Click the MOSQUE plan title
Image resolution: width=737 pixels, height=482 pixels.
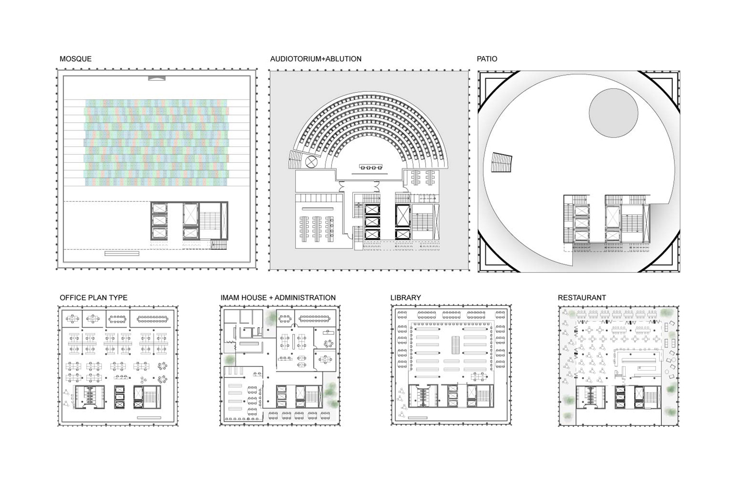click(x=76, y=59)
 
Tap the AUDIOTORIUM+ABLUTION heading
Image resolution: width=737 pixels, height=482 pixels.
click(x=316, y=59)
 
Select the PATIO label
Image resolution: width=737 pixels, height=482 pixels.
click(x=487, y=59)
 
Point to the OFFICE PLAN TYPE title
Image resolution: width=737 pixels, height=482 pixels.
click(x=94, y=297)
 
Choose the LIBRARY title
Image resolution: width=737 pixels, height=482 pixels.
click(x=405, y=297)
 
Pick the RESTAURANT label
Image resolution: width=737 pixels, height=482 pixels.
click(x=582, y=297)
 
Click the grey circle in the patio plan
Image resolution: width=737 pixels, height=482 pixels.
click(x=613, y=113)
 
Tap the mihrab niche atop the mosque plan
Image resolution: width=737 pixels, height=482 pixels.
click(x=157, y=78)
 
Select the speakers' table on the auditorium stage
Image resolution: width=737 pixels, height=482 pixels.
click(x=371, y=167)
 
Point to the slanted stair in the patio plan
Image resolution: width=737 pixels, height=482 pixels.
click(x=502, y=163)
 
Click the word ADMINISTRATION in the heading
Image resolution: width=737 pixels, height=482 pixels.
click(x=305, y=297)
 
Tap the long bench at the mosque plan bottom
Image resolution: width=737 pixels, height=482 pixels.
click(x=122, y=254)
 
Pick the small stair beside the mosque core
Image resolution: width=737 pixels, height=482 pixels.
click(x=219, y=245)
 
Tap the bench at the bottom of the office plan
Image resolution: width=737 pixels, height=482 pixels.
click(x=149, y=418)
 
